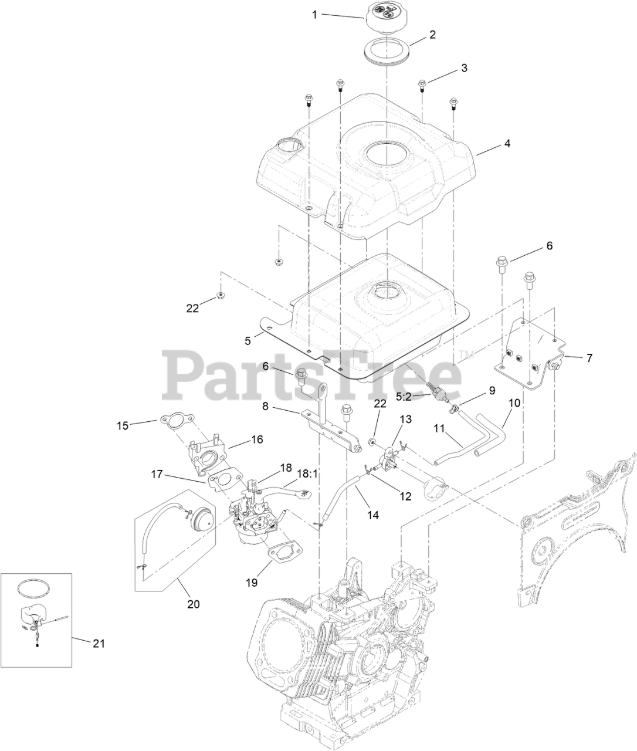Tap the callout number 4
click(464, 68)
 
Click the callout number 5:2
click(507, 143)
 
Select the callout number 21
click(99, 643)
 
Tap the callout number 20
click(193, 604)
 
